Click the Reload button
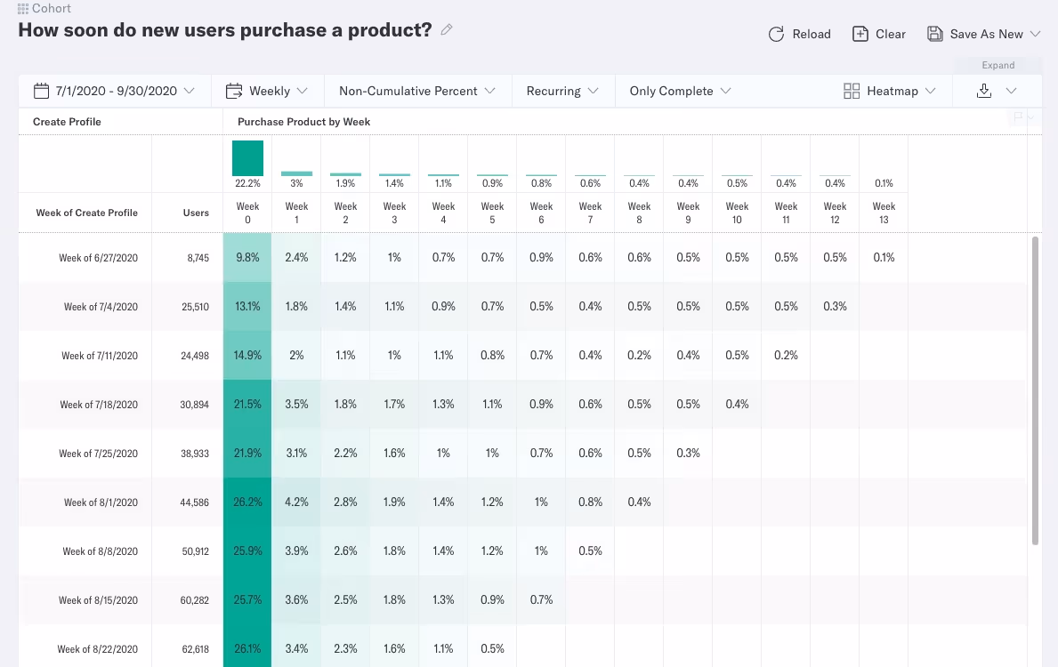799,34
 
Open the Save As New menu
983,34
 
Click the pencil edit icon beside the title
447,29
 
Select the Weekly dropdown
267,91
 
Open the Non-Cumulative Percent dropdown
417,91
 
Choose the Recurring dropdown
562,91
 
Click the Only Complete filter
680,91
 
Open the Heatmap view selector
890,91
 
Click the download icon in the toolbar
983,91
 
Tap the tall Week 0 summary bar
247,158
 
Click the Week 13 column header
884,213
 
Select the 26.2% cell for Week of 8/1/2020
247,502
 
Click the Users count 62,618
194,649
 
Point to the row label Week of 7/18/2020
98,405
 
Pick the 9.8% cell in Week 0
247,257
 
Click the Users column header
196,213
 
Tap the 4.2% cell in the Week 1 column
296,502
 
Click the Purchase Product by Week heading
303,122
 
